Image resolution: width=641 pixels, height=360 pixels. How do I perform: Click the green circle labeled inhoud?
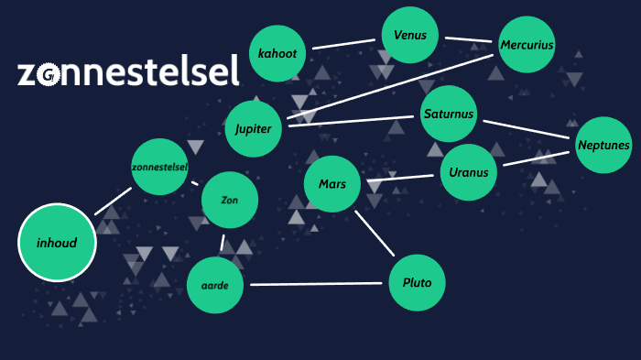pyautogui.click(x=57, y=243)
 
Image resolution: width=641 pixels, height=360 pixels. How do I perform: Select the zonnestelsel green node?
pyautogui.click(x=159, y=167)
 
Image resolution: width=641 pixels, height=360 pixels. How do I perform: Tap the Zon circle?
pyautogui.click(x=230, y=200)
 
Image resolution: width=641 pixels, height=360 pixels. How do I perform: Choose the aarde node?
pyautogui.click(x=215, y=285)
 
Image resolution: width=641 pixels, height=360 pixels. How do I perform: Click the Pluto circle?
pyautogui.click(x=417, y=283)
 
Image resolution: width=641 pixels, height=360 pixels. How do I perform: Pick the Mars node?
pyautogui.click(x=332, y=184)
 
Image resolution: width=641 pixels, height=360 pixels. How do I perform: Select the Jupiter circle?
pyautogui.click(x=254, y=128)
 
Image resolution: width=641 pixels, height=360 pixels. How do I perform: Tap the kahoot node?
pyautogui.click(x=277, y=53)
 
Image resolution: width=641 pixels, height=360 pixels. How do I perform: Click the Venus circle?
pyautogui.click(x=410, y=36)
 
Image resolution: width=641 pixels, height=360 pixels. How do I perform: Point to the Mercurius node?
pyautogui.click(x=527, y=44)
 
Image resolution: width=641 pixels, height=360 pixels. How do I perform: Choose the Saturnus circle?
pyautogui.click(x=449, y=115)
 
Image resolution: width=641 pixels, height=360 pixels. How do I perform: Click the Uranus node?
pyautogui.click(x=469, y=172)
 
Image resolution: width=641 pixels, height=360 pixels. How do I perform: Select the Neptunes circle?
pyautogui.click(x=603, y=145)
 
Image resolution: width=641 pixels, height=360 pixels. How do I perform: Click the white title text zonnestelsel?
pyautogui.click(x=128, y=71)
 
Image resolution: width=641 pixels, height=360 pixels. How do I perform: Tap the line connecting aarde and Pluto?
pyautogui.click(x=316, y=284)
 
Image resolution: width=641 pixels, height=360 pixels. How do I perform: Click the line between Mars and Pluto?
pyautogui.click(x=375, y=233)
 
